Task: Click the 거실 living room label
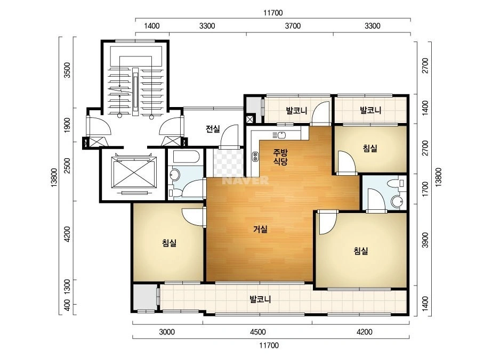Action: (x=261, y=229)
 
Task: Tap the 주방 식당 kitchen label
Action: (x=280, y=157)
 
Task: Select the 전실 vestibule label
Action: (x=213, y=128)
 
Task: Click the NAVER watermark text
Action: (x=246, y=181)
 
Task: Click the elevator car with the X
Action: (x=134, y=172)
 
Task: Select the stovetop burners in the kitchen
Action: (x=255, y=157)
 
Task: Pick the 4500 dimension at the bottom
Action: (x=258, y=332)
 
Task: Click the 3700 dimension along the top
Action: (x=293, y=26)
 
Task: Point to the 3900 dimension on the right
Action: (x=425, y=240)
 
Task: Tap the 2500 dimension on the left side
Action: (x=67, y=165)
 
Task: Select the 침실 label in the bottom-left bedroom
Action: (x=170, y=243)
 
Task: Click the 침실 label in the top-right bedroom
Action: (x=370, y=148)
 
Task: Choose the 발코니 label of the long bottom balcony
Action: (x=260, y=299)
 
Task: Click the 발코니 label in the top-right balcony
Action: (x=370, y=110)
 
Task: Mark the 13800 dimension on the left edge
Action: (x=54, y=177)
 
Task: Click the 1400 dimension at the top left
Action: (x=152, y=26)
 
